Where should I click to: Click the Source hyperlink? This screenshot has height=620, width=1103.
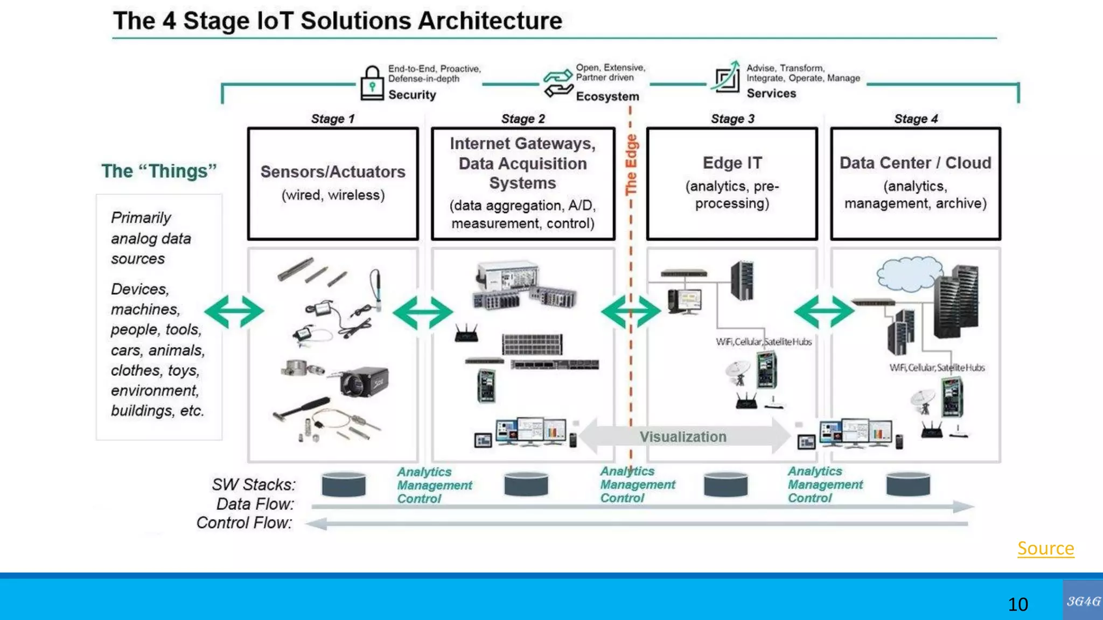(x=1045, y=548)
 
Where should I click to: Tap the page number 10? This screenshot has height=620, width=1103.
(x=1017, y=604)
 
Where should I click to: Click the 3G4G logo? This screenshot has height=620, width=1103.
(x=1083, y=601)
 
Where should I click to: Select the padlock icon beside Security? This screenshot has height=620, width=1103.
(x=372, y=83)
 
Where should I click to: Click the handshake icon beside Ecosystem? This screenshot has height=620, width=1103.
(x=557, y=83)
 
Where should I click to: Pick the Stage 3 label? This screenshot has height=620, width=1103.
(x=732, y=119)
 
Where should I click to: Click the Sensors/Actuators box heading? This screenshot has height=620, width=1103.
(x=333, y=172)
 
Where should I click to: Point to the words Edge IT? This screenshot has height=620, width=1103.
(x=732, y=163)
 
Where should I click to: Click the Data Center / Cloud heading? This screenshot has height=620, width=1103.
(x=915, y=163)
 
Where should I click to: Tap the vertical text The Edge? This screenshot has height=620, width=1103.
(x=631, y=165)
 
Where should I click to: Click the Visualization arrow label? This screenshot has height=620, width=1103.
(x=682, y=436)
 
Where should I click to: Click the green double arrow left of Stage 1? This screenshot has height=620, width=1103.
(x=234, y=311)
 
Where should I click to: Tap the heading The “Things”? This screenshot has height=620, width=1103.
(x=159, y=171)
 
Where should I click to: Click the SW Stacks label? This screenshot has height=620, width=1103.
(x=253, y=484)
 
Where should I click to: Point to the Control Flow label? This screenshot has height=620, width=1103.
(x=244, y=523)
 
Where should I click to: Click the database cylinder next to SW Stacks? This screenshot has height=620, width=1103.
(x=344, y=484)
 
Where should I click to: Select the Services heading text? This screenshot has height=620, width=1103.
(x=771, y=94)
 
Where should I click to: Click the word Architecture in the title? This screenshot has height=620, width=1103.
(x=490, y=21)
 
